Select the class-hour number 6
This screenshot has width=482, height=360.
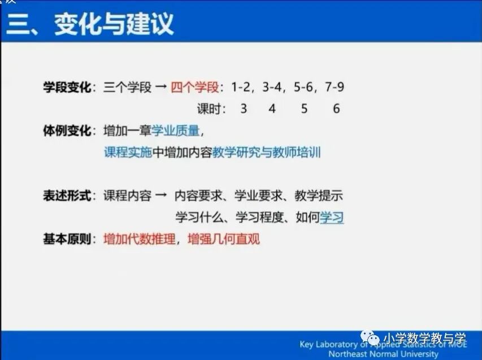(x=336, y=108)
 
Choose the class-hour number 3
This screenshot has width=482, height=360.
(x=244, y=108)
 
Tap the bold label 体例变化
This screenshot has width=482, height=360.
(x=67, y=131)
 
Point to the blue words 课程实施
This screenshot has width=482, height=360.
(x=128, y=152)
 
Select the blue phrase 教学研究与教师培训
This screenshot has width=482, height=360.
(x=266, y=152)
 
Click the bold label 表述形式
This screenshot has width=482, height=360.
(x=67, y=196)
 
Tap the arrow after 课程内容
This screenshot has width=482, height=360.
(x=161, y=196)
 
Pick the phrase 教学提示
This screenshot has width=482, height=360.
(x=319, y=196)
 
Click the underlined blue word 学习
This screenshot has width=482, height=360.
(x=332, y=217)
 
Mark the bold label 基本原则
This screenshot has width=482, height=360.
(x=67, y=238)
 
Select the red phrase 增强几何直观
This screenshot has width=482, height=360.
(x=224, y=238)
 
